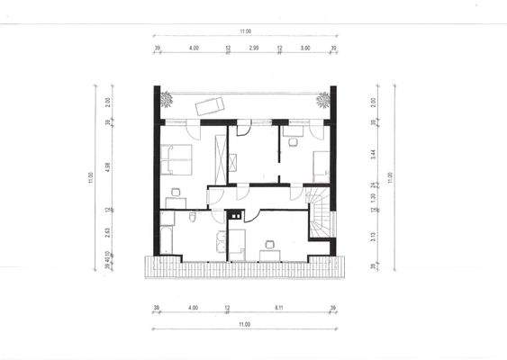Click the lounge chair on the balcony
pyautogui.click(x=208, y=104)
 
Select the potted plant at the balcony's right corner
pyautogui.click(x=321, y=99)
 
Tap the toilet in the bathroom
pyautogui.click(x=195, y=219)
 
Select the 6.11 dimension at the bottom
pyautogui.click(x=280, y=307)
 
